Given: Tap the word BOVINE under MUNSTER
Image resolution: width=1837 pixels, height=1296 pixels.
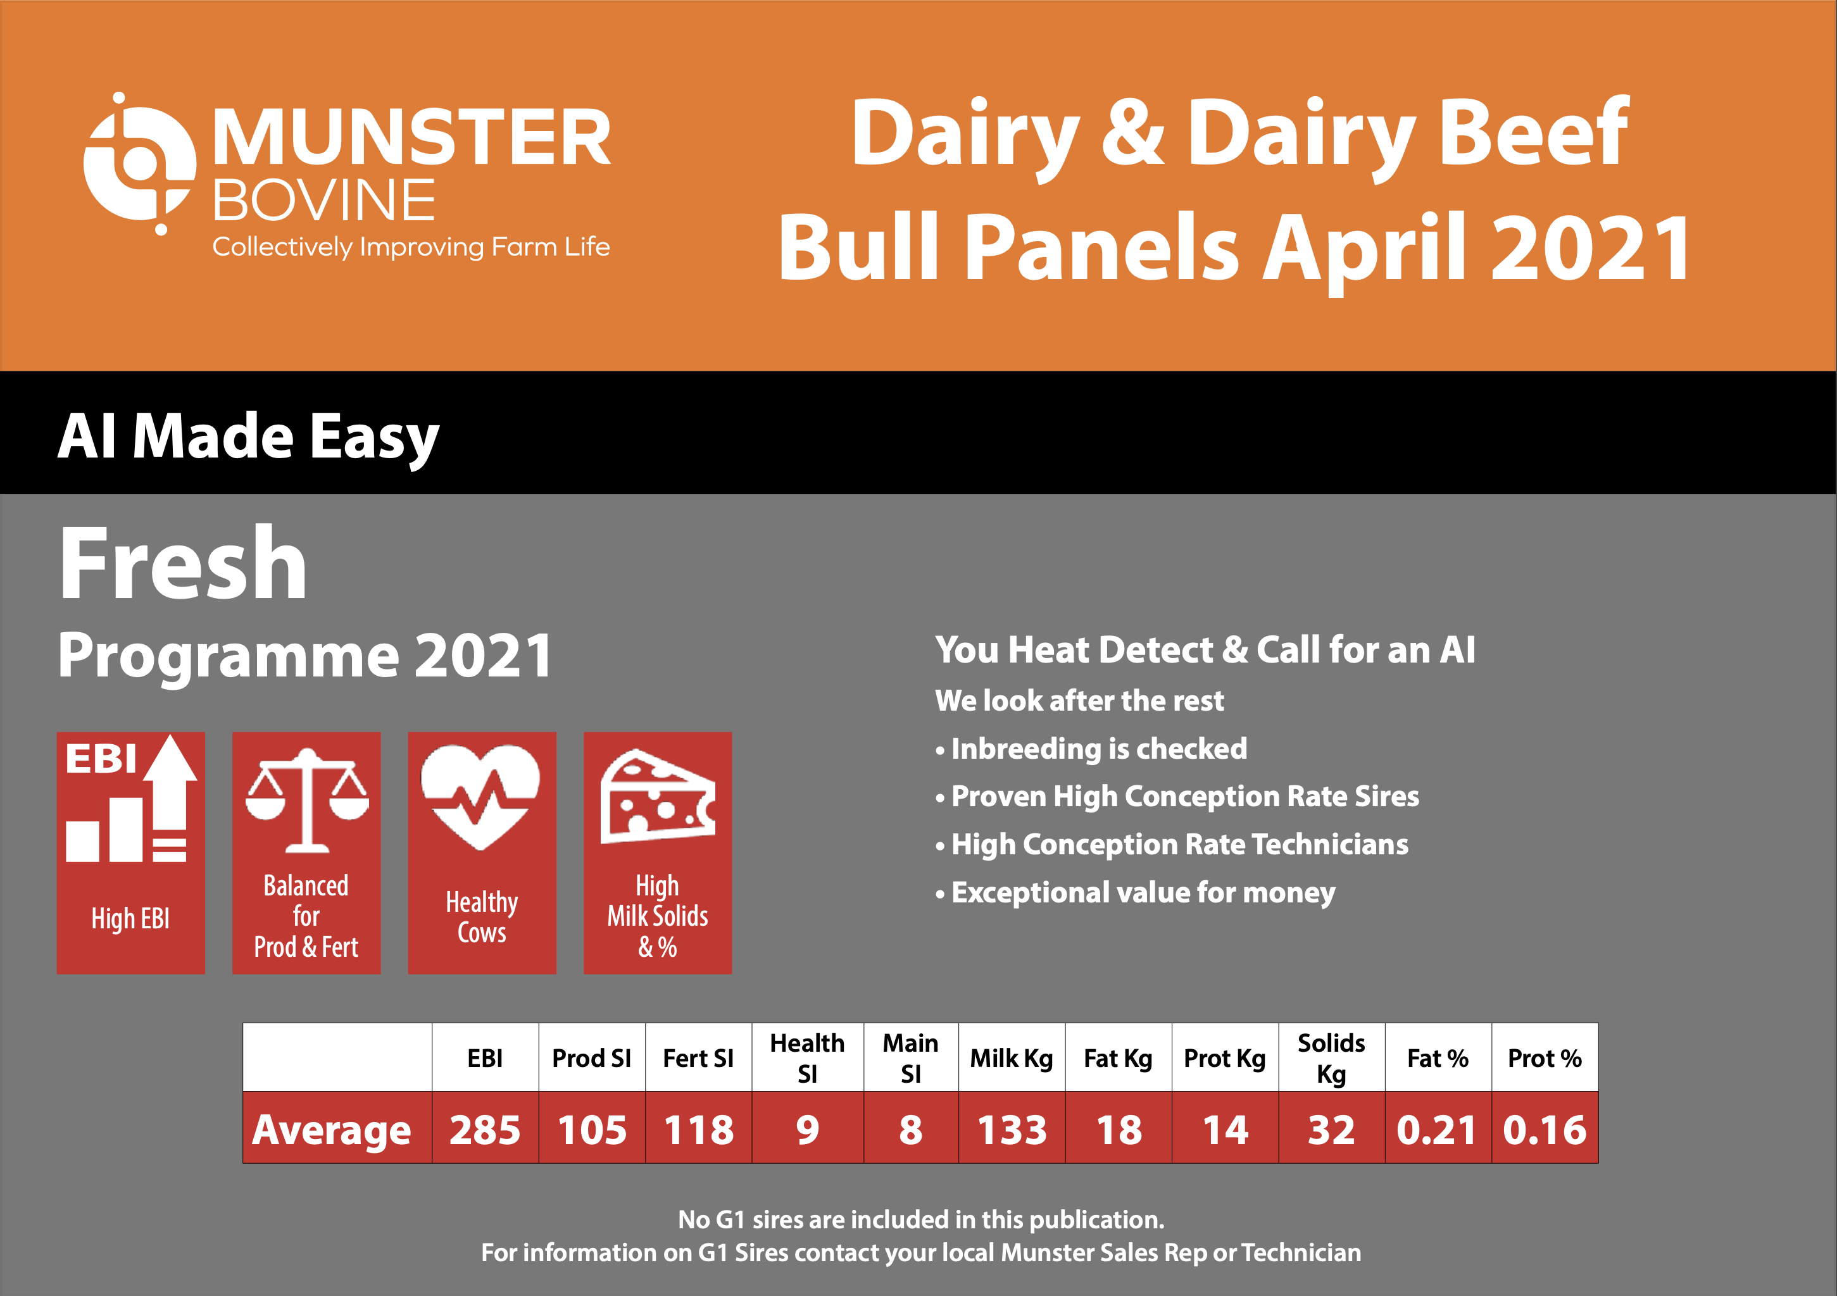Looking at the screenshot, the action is (x=324, y=200).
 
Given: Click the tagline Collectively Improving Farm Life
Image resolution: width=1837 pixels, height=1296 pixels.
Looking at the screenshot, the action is (x=410, y=247).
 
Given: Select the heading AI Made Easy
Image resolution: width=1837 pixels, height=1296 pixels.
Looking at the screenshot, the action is (x=248, y=438).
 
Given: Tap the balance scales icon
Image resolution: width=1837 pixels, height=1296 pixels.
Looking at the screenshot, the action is (x=306, y=800).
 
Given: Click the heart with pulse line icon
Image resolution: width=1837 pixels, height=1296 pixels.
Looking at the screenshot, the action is (x=481, y=797).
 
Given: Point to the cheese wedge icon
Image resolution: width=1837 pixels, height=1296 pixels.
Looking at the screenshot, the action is (x=658, y=797).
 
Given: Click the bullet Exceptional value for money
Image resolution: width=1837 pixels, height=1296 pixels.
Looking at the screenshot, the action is (x=1136, y=893).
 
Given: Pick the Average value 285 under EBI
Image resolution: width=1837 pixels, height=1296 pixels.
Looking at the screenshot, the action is (x=485, y=1130).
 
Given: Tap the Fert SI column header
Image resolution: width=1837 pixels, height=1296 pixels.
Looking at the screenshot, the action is (x=698, y=1059).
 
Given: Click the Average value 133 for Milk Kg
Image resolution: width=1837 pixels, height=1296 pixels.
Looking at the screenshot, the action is (x=1012, y=1130).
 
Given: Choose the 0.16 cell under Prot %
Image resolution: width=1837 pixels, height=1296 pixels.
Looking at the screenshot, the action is (x=1545, y=1130).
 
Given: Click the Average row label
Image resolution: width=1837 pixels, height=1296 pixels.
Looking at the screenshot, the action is (x=331, y=1130).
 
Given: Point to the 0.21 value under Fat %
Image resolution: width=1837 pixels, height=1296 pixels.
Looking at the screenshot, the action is (x=1437, y=1130).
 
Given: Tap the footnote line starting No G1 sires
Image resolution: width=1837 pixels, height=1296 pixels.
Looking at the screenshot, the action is (x=921, y=1220).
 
